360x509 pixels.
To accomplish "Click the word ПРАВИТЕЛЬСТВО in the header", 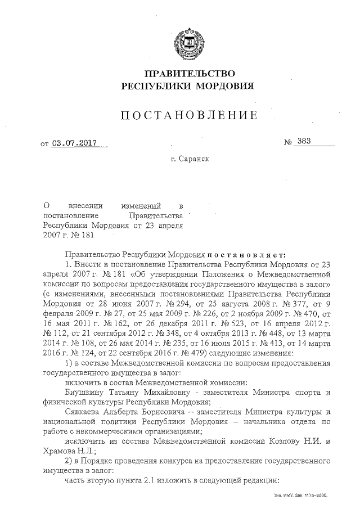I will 189,74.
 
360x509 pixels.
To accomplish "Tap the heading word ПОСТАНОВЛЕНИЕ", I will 190,116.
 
